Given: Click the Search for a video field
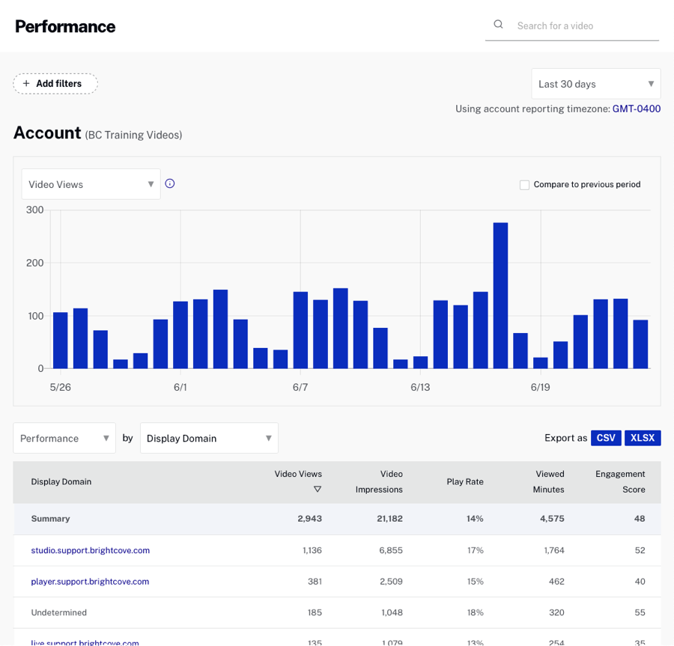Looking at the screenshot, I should pyautogui.click(x=584, y=25).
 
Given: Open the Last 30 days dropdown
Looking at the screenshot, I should pyautogui.click(x=596, y=84).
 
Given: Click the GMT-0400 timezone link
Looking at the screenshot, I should pyautogui.click(x=637, y=109).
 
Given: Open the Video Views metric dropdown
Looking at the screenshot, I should pyautogui.click(x=91, y=184).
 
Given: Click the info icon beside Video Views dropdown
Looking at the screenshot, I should pyautogui.click(x=170, y=183).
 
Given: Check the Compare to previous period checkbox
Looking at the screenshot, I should pyautogui.click(x=524, y=185).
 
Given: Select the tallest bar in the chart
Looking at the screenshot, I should pyautogui.click(x=500, y=295).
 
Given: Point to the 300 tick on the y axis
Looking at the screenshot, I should pyautogui.click(x=34, y=210).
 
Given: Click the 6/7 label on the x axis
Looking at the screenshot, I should pyautogui.click(x=300, y=387).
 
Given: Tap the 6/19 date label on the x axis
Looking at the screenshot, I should pyautogui.click(x=540, y=387).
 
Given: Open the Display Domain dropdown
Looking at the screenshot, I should pyautogui.click(x=209, y=438).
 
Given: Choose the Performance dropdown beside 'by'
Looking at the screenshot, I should pyautogui.click(x=64, y=438).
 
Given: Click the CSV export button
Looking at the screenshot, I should pyautogui.click(x=606, y=438).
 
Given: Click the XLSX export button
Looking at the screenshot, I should pyautogui.click(x=643, y=438).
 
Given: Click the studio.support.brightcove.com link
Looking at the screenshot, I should pyautogui.click(x=91, y=550).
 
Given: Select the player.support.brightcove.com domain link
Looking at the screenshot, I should pyautogui.click(x=91, y=582).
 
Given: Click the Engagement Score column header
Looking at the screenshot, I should pyautogui.click(x=620, y=481).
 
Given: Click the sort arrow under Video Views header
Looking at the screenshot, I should pyautogui.click(x=318, y=489).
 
